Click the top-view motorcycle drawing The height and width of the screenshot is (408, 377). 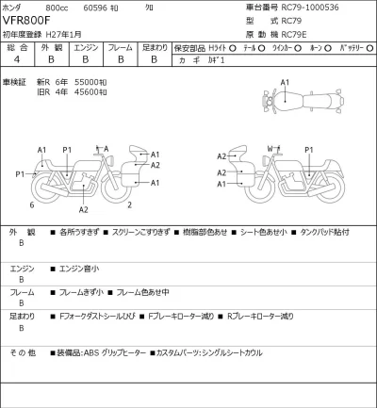coord(293,102)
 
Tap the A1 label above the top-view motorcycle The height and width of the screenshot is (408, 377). coord(286,83)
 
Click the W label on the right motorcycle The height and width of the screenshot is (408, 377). coord(270,149)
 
